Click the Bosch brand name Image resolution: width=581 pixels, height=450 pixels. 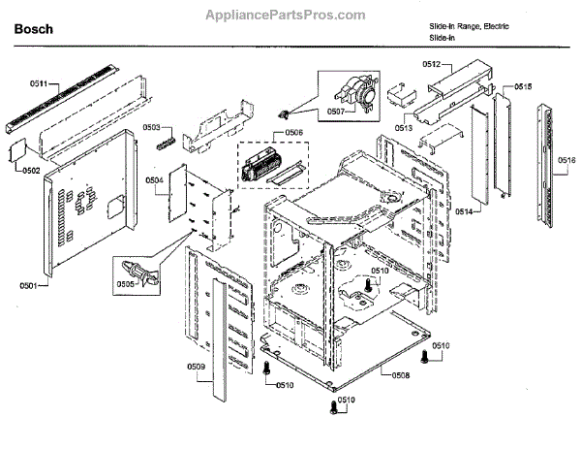pos(33,30)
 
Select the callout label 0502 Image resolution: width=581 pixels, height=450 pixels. pos(29,171)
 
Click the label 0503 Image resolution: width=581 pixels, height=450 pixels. pos(152,128)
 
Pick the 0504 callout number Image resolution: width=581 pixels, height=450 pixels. pos(155,180)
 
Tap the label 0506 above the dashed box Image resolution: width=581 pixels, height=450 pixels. pos(294,134)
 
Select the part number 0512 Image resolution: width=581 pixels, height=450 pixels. pos(432,64)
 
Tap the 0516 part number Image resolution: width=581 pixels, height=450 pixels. pos(566,160)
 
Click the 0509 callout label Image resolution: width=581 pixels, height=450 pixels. pos(195,367)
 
